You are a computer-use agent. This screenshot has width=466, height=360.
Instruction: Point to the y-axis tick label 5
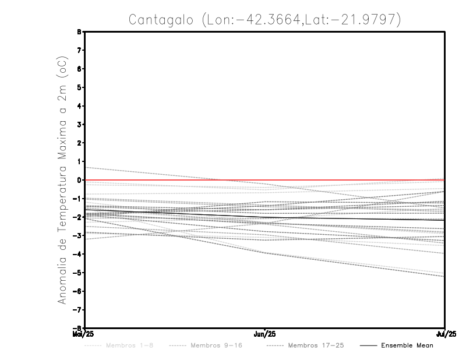79,87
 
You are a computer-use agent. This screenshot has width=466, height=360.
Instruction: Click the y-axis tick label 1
79,161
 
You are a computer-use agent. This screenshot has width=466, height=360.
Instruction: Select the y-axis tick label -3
77,235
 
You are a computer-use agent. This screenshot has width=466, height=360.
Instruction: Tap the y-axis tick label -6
77,291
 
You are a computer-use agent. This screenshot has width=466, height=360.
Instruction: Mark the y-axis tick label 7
79,50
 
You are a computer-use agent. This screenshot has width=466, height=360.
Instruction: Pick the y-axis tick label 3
79,125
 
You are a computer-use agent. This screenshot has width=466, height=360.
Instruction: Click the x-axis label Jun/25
266,334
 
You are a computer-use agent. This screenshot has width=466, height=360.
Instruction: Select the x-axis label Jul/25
446,334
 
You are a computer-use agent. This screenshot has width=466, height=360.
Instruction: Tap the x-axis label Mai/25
84,334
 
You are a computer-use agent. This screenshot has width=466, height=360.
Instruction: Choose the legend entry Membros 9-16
216,345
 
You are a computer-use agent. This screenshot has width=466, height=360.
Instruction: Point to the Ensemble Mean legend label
407,345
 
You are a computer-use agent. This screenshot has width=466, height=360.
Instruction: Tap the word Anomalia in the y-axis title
63,276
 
